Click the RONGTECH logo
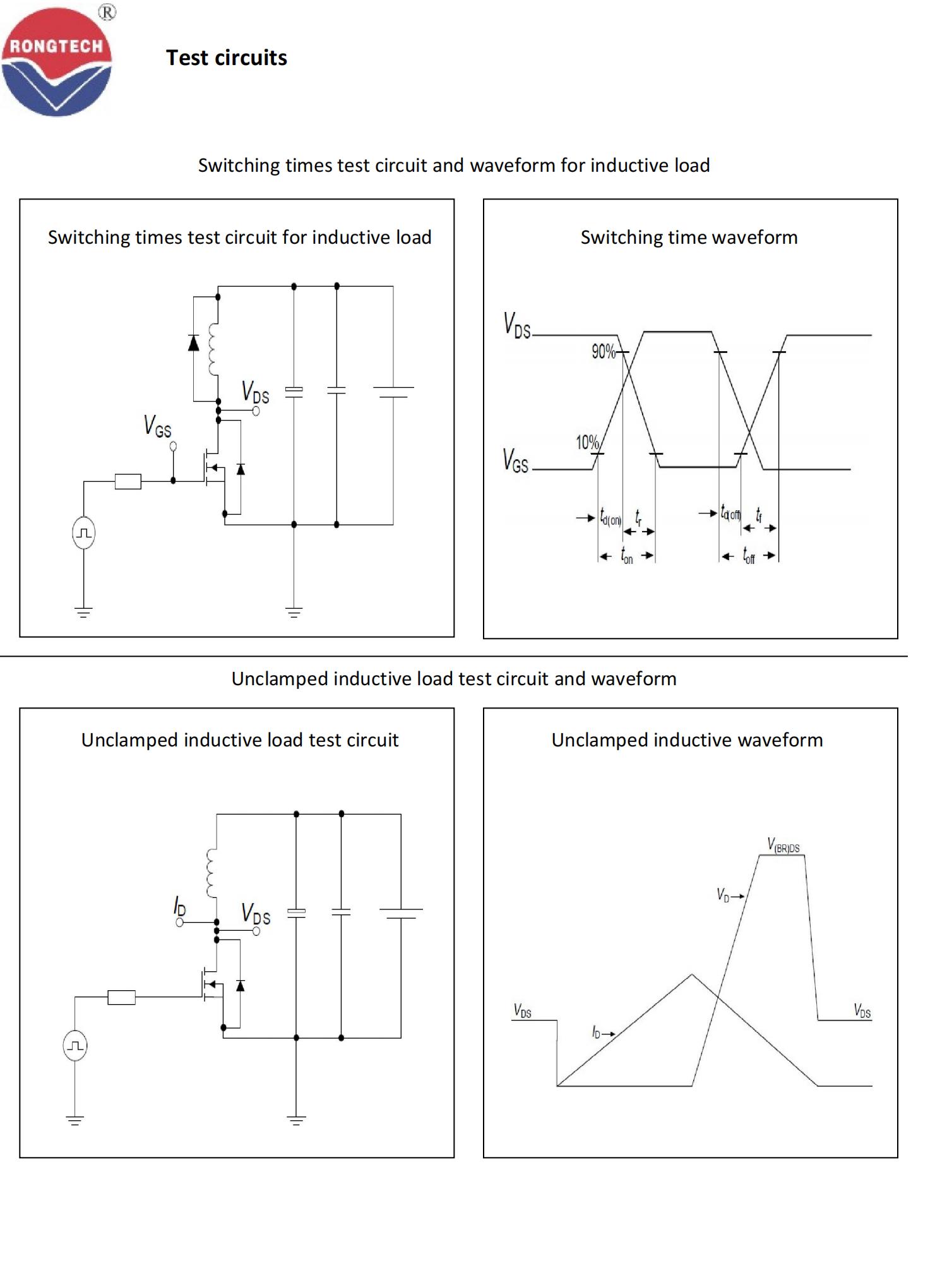pyautogui.click(x=57, y=62)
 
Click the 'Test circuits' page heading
pyautogui.click(x=226, y=58)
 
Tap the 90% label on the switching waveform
pyautogui.click(x=603, y=352)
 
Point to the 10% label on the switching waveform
pyautogui.click(x=587, y=443)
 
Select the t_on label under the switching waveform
pyautogui.click(x=626, y=556)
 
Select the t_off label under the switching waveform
pyautogui.click(x=749, y=556)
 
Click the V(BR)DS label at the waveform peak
pyautogui.click(x=783, y=845)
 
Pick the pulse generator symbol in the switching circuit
pyautogui.click(x=84, y=533)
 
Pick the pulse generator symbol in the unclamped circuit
pyautogui.click(x=75, y=1046)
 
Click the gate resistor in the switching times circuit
pyautogui.click(x=128, y=481)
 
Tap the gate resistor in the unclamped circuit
pyautogui.click(x=121, y=997)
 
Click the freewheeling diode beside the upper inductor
pyautogui.click(x=194, y=343)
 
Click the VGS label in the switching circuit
pyautogui.click(x=157, y=426)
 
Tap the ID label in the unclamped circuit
pyautogui.click(x=180, y=906)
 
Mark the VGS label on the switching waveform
pyautogui.click(x=515, y=460)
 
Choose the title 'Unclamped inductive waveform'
pyautogui.click(x=687, y=740)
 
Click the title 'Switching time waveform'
pyautogui.click(x=689, y=237)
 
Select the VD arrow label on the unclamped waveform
pyautogui.click(x=729, y=895)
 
